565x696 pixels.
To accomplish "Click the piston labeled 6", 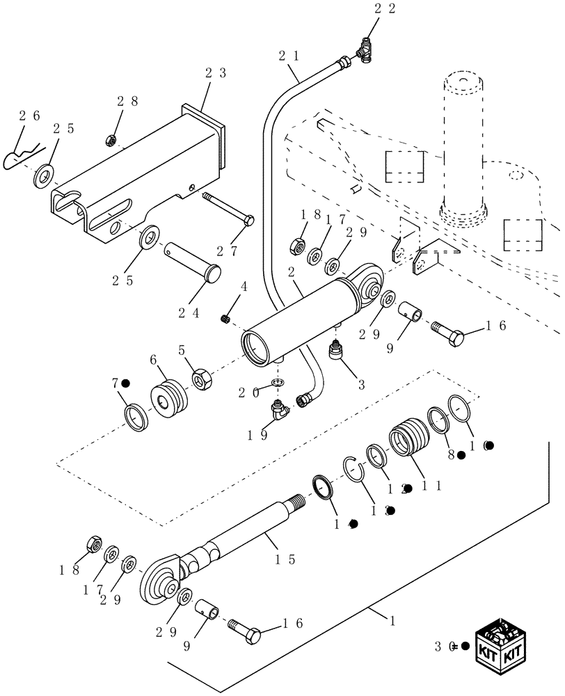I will coord(169,400).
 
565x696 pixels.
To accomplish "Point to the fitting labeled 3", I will coord(336,351).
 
